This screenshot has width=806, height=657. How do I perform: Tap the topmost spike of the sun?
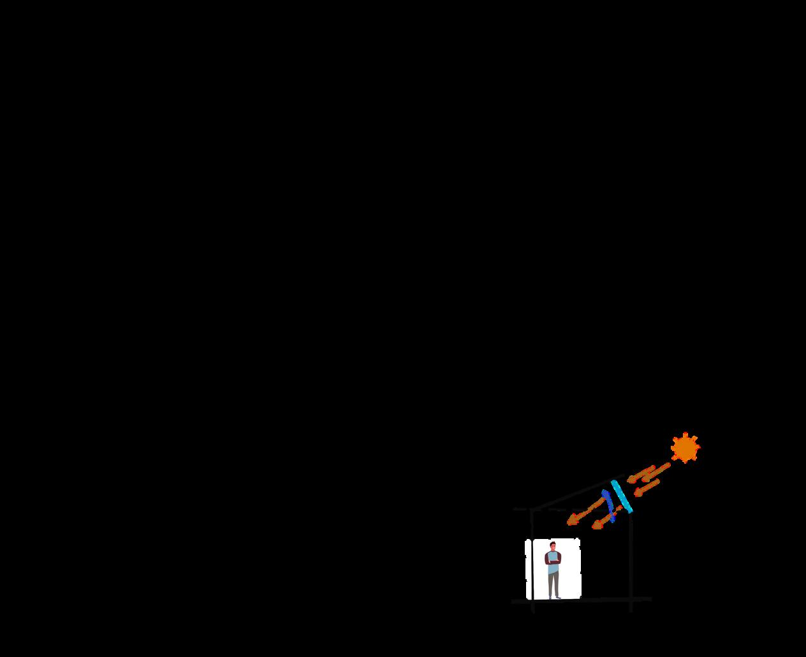tap(685, 434)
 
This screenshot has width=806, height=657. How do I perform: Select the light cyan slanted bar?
tap(621, 496)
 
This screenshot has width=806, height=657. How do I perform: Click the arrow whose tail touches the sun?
tap(657, 471)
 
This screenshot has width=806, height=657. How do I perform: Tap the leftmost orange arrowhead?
tap(571, 521)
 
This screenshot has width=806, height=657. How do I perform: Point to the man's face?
tap(553, 547)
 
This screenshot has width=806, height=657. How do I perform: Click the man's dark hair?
tap(553, 543)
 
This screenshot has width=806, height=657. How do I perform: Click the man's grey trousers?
tap(553, 583)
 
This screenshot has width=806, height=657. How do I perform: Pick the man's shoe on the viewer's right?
tap(558, 597)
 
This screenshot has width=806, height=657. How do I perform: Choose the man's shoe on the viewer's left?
tap(550, 597)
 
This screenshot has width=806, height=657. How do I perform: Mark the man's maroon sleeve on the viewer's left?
tap(547, 557)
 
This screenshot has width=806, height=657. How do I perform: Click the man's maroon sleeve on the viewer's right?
tap(559, 557)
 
